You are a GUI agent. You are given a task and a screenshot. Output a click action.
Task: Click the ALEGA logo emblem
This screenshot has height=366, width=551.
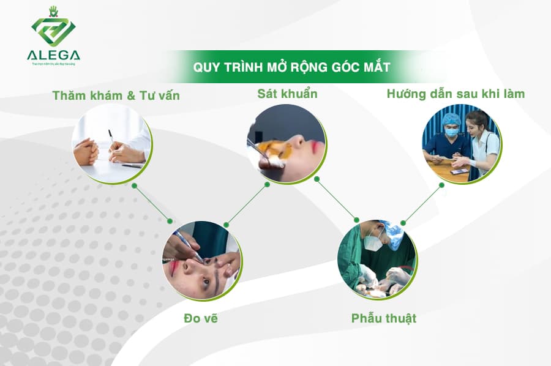[x=53, y=28]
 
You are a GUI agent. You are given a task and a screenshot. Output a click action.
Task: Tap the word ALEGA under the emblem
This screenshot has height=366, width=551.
[x=53, y=55]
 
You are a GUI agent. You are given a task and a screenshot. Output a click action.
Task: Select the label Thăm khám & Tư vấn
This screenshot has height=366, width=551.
[x=116, y=95]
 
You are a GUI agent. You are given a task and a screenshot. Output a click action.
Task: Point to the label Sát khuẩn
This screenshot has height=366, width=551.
[x=287, y=94]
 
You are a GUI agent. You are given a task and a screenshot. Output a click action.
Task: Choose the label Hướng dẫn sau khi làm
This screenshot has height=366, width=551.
[x=455, y=94]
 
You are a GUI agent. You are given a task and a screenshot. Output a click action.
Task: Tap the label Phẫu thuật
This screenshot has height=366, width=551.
[x=383, y=318]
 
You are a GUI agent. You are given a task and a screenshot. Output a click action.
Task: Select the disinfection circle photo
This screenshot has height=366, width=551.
[x=286, y=143]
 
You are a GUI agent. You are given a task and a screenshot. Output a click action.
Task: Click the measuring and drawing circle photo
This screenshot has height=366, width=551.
[x=201, y=260]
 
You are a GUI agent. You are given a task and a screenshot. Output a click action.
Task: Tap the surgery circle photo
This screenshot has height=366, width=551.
[x=377, y=260]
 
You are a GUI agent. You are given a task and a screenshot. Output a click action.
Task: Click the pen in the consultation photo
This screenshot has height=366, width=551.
[x=111, y=137]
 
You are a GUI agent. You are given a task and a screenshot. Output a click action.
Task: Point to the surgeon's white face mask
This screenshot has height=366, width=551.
[x=372, y=242]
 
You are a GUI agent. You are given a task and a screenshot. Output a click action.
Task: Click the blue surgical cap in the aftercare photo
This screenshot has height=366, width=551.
[x=452, y=118]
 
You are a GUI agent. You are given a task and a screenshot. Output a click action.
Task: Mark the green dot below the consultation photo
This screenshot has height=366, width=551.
[x=134, y=184]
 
